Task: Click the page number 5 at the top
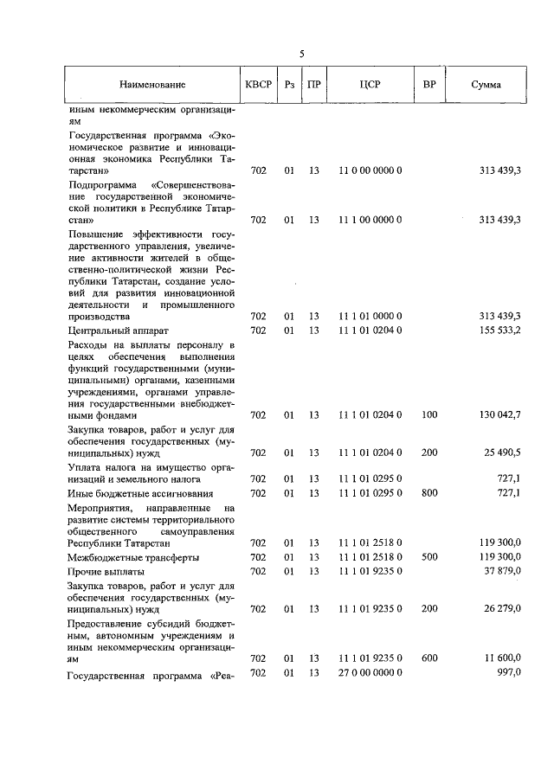point(301,54)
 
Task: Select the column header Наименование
point(153,85)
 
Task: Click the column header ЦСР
point(370,85)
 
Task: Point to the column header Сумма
point(486,85)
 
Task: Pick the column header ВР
point(429,85)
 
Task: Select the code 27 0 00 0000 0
point(370,672)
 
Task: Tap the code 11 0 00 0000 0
point(370,171)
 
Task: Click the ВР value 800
point(429,492)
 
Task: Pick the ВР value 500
point(429,557)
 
